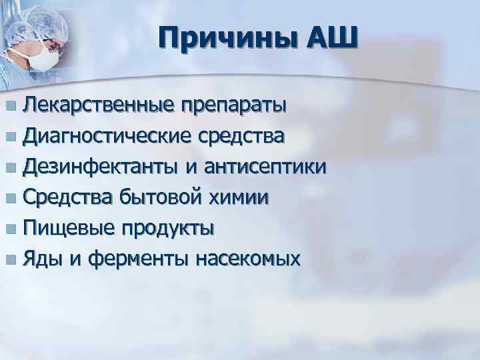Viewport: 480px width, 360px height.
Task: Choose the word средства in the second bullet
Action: click(241, 137)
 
